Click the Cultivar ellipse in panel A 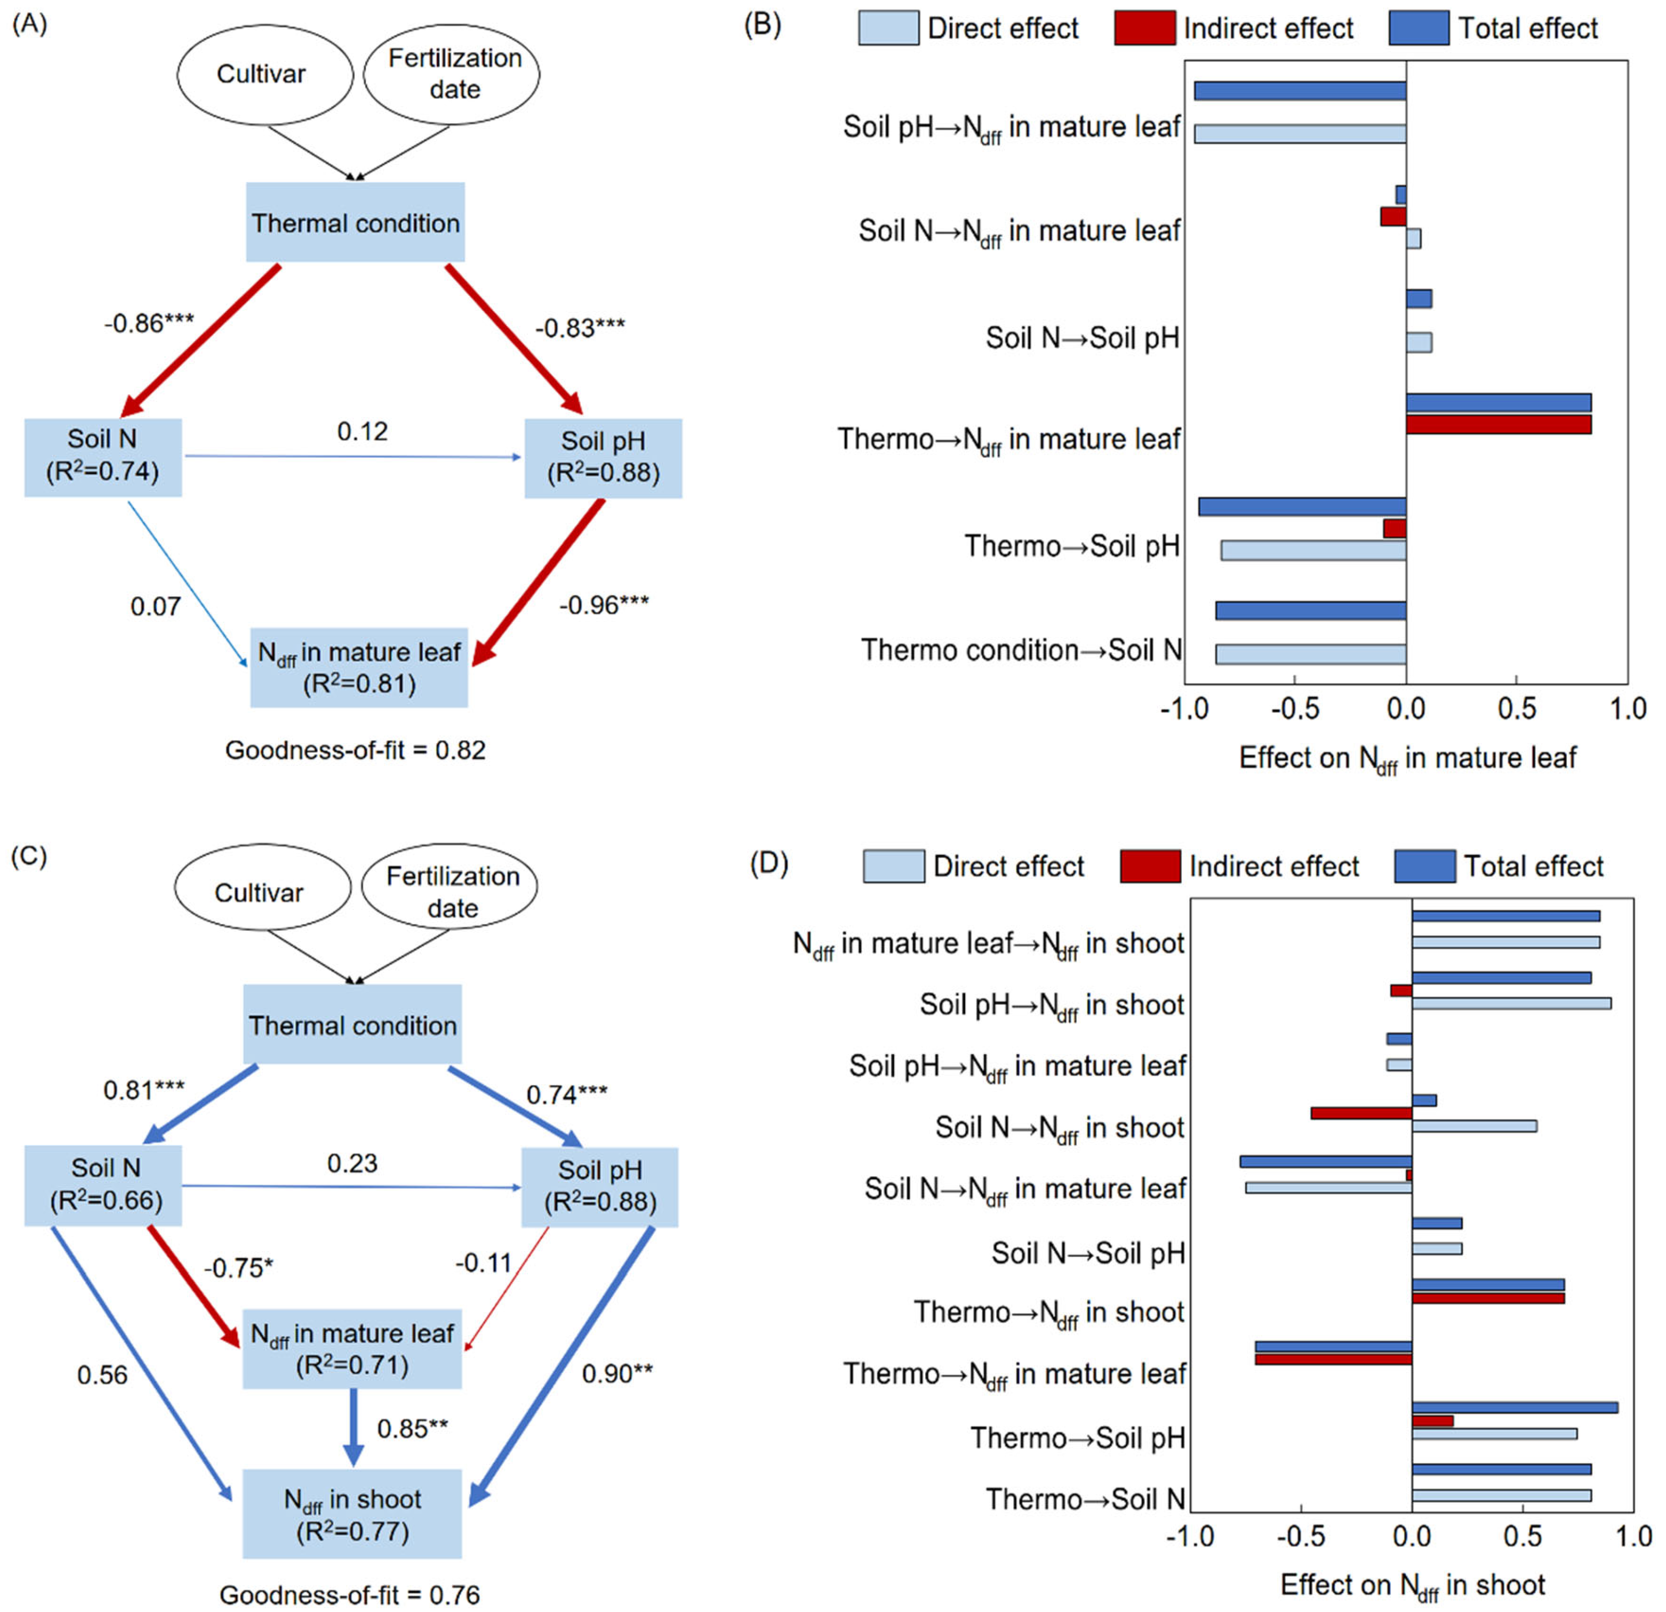[265, 75]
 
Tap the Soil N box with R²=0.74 [103, 456]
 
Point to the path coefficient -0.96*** [603, 605]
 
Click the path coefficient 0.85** [412, 1428]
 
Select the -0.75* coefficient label [238, 1268]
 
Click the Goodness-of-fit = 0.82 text [356, 750]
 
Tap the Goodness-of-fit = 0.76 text [349, 1595]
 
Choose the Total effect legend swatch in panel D [1425, 866]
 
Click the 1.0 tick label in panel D [1631, 1537]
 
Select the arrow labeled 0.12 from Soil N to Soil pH [353, 456]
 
